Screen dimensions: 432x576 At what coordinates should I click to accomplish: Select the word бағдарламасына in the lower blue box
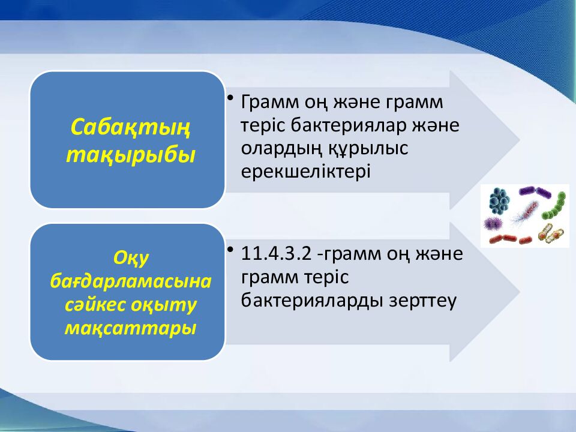(130, 281)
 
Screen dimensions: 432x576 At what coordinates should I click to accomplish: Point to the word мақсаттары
(130, 328)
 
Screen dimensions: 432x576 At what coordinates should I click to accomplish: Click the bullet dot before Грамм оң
(231, 97)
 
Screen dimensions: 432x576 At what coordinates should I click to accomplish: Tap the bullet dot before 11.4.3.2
(231, 249)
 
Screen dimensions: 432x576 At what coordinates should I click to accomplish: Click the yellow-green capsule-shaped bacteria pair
(550, 233)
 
